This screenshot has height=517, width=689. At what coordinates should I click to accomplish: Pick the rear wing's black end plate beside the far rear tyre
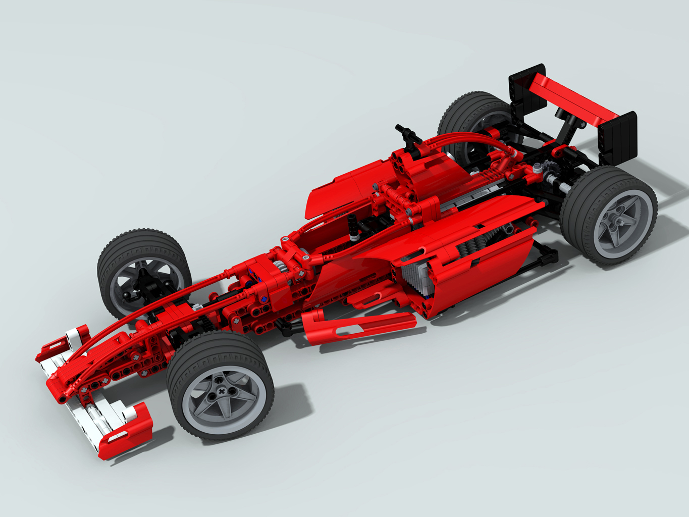click(526, 91)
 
